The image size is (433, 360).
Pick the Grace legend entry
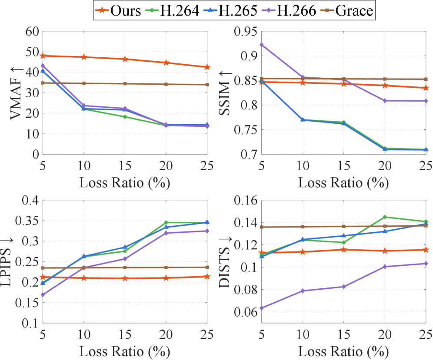click(354, 11)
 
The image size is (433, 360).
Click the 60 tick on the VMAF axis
click(32, 31)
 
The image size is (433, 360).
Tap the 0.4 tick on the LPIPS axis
click(30, 201)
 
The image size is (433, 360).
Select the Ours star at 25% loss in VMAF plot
click(207, 67)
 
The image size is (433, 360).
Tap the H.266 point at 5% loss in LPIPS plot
click(43, 294)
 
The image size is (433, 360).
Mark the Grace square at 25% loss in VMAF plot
click(207, 85)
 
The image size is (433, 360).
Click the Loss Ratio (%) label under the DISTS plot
click(343, 350)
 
